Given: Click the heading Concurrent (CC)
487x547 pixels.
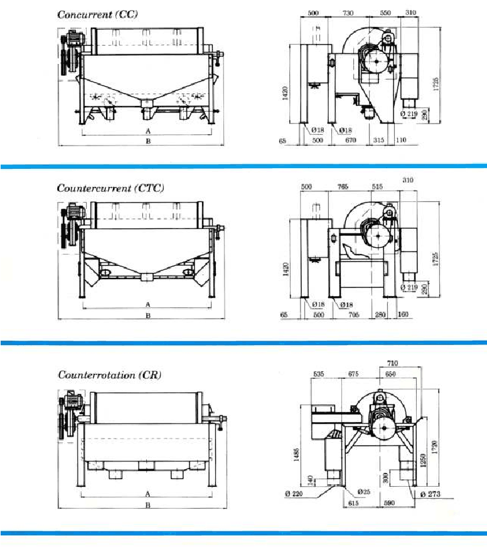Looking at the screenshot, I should coord(97,14).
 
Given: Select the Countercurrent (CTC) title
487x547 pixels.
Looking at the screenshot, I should coord(110,188).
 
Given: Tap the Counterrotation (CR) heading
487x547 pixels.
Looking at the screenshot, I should coord(110,375).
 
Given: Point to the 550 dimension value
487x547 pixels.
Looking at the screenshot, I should coord(385,13).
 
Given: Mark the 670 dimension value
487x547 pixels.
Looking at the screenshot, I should coord(350,140).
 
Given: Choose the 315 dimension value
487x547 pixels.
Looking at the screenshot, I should coord(379,140).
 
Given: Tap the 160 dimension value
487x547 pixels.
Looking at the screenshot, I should coord(402,315).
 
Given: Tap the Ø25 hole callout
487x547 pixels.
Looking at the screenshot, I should coord(363,491).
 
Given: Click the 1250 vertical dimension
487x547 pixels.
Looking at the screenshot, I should coord(422,460).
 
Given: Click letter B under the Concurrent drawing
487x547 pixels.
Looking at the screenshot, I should coord(148,142).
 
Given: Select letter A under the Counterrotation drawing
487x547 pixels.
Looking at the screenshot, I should coord(148,493).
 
